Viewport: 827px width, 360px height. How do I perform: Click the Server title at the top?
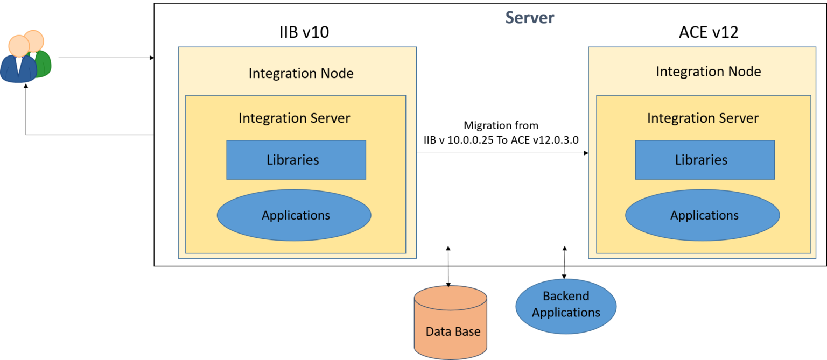[x=529, y=17]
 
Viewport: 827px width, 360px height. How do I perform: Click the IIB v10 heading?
[x=300, y=33]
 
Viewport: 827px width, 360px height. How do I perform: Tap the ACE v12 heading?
[x=708, y=33]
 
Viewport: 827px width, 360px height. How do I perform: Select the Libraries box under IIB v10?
[x=296, y=160]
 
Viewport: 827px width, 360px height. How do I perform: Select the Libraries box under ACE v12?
[x=704, y=160]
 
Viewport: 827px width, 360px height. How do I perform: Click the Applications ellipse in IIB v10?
[x=294, y=215]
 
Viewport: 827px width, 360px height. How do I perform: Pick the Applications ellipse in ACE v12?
[x=702, y=215]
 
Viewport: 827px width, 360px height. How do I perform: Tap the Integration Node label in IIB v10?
[x=301, y=74]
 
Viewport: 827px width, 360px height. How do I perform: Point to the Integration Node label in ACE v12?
[x=708, y=72]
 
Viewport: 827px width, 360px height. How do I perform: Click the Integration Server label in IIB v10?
[x=294, y=118]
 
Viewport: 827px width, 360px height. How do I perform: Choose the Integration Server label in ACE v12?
[x=703, y=118]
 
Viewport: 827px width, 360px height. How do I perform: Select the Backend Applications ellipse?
[x=566, y=305]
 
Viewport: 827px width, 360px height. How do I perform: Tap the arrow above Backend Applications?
[x=565, y=256]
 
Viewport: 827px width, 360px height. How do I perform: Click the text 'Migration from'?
[x=501, y=125]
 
